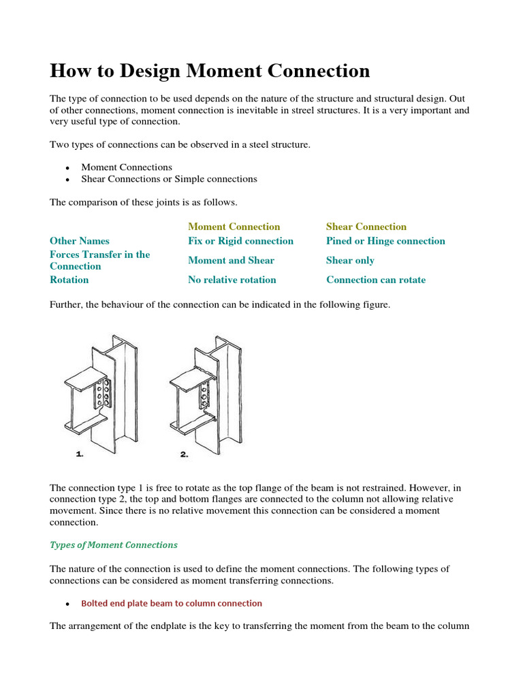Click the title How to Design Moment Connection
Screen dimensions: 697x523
point(210,71)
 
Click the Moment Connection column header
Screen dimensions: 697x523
point(234,227)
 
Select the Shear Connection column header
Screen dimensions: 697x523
point(366,227)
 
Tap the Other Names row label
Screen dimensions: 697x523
point(79,241)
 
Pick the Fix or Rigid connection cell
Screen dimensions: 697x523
point(240,241)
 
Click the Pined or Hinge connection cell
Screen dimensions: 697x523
point(385,241)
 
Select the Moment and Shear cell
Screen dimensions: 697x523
point(231,260)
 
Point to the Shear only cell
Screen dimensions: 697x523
point(350,260)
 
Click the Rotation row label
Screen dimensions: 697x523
point(69,280)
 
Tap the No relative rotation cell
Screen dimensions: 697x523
point(232,280)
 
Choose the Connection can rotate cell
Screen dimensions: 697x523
point(375,280)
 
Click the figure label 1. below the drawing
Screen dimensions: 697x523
point(80,455)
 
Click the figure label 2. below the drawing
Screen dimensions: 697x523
point(184,455)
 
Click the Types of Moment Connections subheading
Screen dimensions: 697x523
point(113,545)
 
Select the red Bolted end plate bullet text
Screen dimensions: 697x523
point(171,603)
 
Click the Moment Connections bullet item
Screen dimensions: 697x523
point(126,167)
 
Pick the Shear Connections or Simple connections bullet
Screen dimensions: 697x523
point(169,179)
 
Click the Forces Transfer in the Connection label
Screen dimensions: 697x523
point(99,260)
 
